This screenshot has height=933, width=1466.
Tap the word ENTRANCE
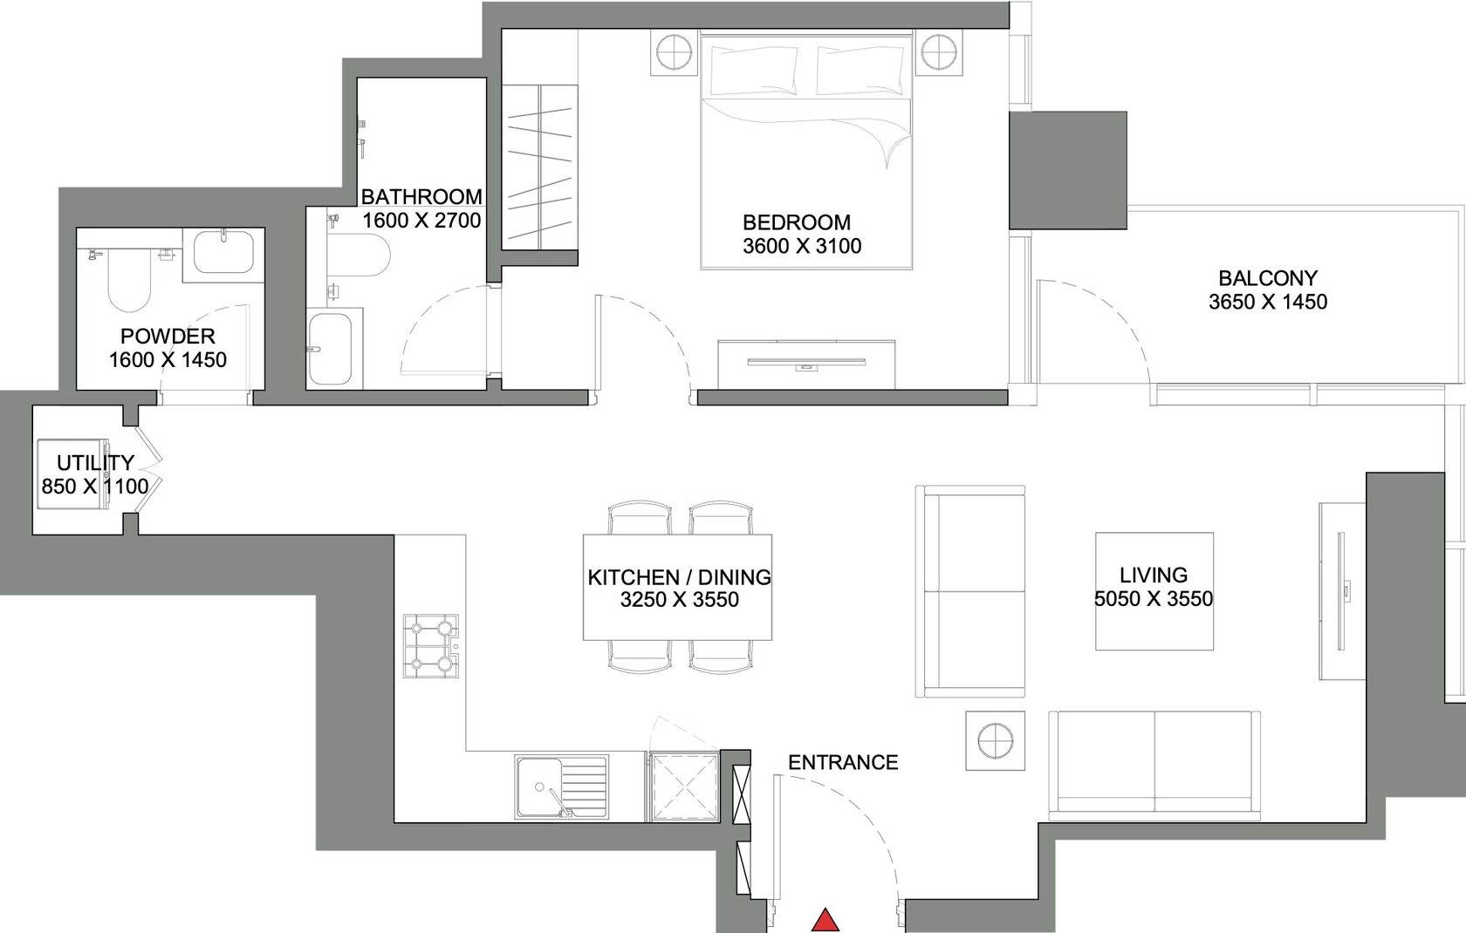tap(843, 762)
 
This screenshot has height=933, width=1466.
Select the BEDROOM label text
tap(797, 222)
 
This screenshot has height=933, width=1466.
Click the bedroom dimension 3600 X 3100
tap(802, 246)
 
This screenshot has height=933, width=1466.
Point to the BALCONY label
tap(1268, 278)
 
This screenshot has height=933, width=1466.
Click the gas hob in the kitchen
tap(431, 646)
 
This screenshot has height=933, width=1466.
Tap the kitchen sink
tap(562, 787)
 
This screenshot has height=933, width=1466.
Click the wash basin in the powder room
tap(223, 251)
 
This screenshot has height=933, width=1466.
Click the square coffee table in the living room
tap(1154, 591)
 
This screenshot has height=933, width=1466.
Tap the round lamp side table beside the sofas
tap(996, 741)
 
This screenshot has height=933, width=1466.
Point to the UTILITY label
tap(96, 463)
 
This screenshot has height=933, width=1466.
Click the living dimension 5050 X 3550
tap(1154, 598)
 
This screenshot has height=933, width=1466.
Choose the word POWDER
tap(168, 336)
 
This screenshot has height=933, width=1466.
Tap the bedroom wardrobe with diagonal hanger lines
tap(540, 167)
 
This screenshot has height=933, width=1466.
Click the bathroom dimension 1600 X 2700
tap(422, 221)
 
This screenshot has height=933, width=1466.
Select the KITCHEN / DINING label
tap(679, 577)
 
